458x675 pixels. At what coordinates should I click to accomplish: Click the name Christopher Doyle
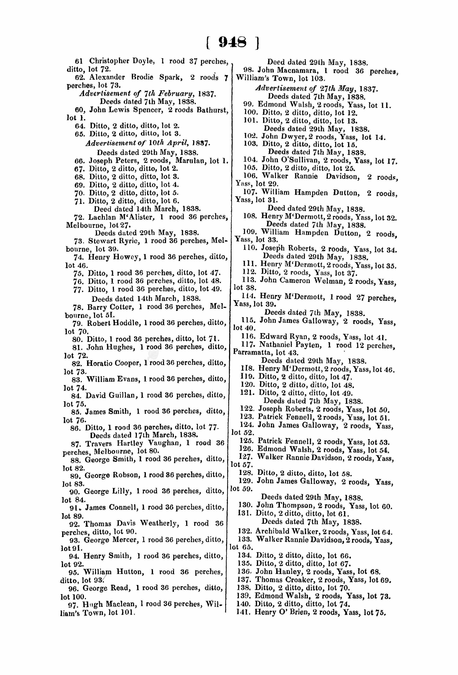coord(122,61)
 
